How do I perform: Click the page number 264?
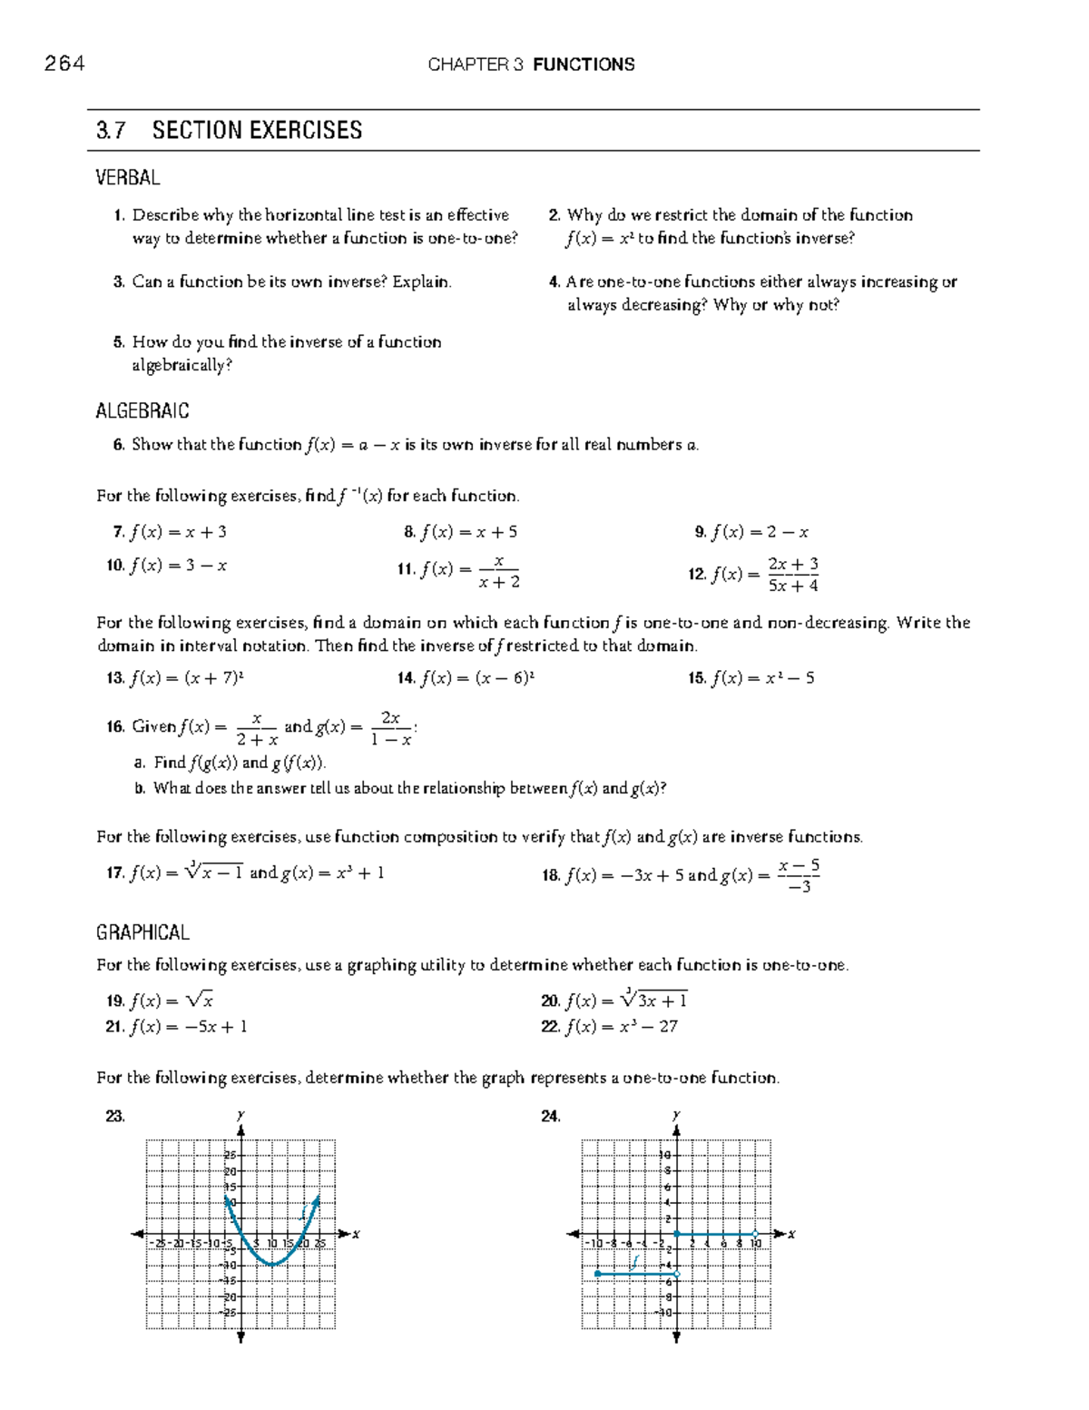pyautogui.click(x=64, y=64)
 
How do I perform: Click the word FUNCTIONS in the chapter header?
pyautogui.click(x=584, y=64)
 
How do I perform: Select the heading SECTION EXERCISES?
pyautogui.click(x=257, y=131)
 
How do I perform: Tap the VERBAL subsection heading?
pyautogui.click(x=127, y=178)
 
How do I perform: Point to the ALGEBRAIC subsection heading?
pyautogui.click(x=142, y=411)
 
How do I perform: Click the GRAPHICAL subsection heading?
pyautogui.click(x=142, y=932)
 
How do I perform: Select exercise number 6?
pyautogui.click(x=118, y=445)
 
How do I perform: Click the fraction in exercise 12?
pyautogui.click(x=793, y=575)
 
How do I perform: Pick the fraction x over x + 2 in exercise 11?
pyautogui.click(x=499, y=572)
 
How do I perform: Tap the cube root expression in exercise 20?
pyautogui.click(x=653, y=1000)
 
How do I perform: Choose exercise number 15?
pyautogui.click(x=697, y=678)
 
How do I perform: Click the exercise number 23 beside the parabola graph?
pyautogui.click(x=115, y=1117)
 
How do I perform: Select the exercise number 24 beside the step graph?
pyautogui.click(x=550, y=1117)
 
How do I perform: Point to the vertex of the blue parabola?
pyautogui.click(x=272, y=1264)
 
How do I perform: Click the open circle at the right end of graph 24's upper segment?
pyautogui.click(x=755, y=1234)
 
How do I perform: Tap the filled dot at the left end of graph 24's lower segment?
pyautogui.click(x=597, y=1274)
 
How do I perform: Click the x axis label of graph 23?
pyautogui.click(x=357, y=1234)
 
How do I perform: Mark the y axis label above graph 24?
pyautogui.click(x=676, y=1115)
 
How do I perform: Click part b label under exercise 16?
pyautogui.click(x=140, y=789)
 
